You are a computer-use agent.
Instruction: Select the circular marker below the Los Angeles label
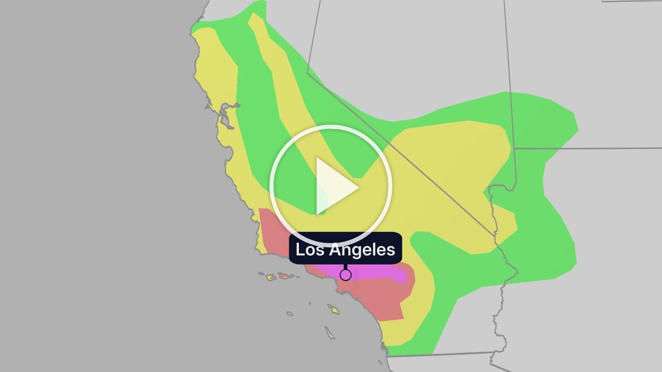pyautogui.click(x=345, y=275)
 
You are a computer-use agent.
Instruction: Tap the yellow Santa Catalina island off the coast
pyautogui.click(x=334, y=309)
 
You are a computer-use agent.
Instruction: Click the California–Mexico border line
pyautogui.click(x=440, y=354)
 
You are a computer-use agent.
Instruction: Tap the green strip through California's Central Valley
pyautogui.click(x=253, y=103)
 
